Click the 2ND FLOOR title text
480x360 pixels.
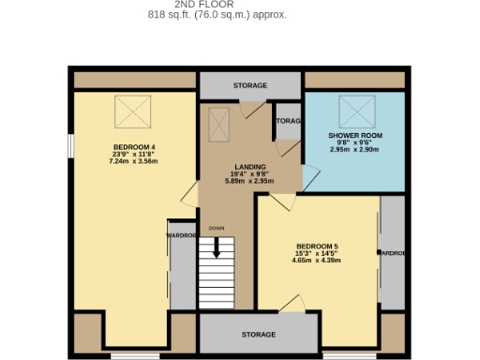coord(217,5)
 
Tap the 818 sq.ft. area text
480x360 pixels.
coord(217,15)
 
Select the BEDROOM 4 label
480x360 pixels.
coord(134,146)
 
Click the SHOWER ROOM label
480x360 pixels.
coord(354,135)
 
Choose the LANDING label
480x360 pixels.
coord(250,166)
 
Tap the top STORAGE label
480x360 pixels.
coord(250,85)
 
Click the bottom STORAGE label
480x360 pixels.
coord(259,335)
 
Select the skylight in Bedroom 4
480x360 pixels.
coord(132,112)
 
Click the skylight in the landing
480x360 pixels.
coord(219,123)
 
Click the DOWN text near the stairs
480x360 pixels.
coord(217,228)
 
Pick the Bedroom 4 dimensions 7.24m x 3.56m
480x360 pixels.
coord(134,161)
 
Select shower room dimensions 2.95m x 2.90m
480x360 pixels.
coord(354,149)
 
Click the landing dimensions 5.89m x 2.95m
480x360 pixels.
coord(250,180)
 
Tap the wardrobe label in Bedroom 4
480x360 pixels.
coord(182,235)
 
